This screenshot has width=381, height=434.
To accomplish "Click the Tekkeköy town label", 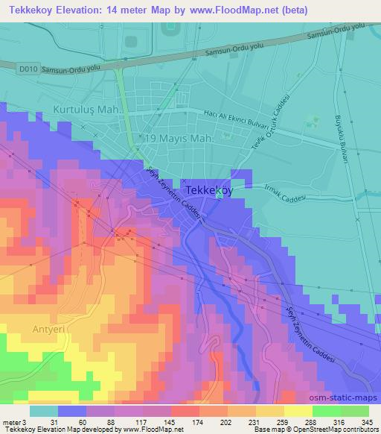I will click(x=208, y=190).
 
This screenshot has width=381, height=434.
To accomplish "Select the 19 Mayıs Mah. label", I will click(x=179, y=139).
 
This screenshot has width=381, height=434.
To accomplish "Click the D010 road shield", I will click(x=28, y=69).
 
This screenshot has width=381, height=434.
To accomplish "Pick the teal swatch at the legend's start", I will click(x=43, y=410).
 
